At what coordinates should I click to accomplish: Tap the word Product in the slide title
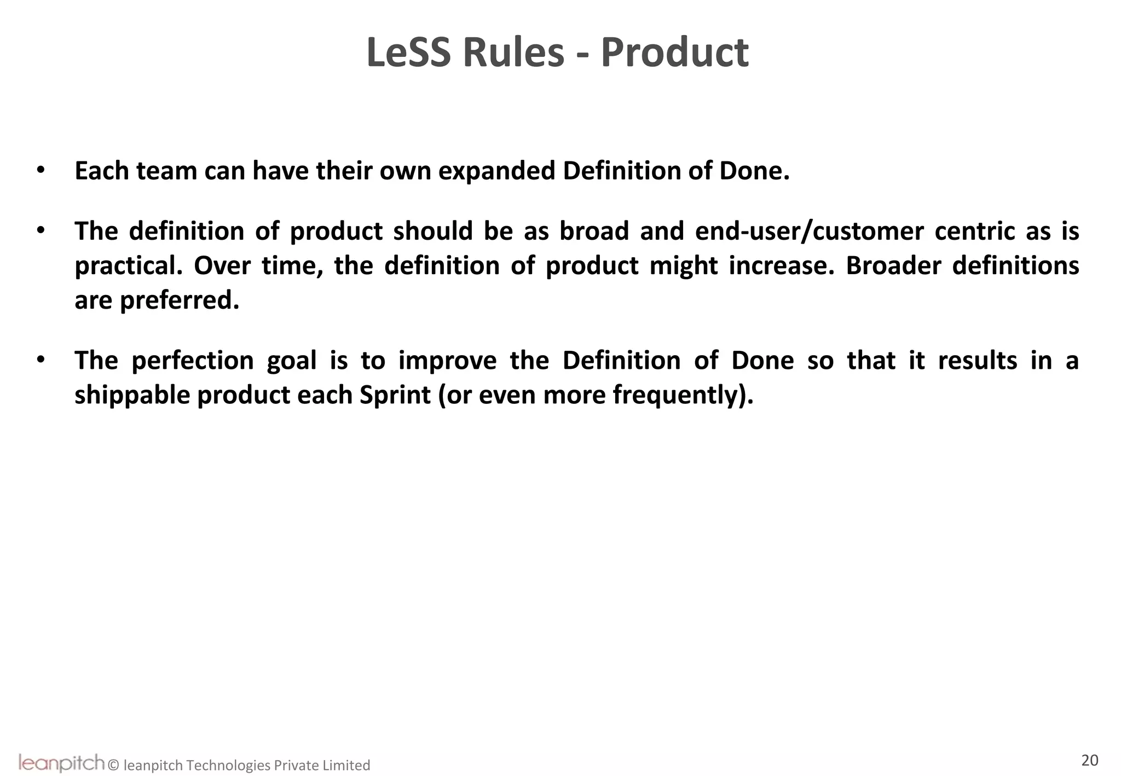674,53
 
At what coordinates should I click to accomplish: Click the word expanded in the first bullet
496,171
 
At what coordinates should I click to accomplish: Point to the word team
166,171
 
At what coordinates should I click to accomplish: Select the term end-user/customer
809,231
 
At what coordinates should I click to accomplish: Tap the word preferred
180,300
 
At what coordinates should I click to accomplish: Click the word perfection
193,361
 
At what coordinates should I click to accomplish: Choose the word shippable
132,395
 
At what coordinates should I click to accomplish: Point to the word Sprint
395,395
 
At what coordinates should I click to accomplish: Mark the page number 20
1089,761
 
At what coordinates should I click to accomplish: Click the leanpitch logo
61,762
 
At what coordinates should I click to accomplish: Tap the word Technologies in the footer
228,765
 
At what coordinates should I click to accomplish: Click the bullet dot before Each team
41,170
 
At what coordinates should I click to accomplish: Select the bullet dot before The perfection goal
41,360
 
